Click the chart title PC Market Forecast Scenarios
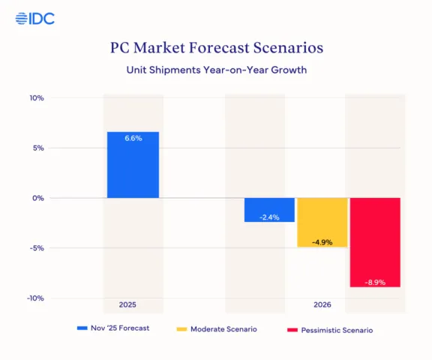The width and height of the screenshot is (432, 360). coord(216,47)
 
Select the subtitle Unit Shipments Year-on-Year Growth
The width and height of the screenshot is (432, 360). coord(216,70)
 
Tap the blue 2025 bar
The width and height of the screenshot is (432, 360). coord(133,165)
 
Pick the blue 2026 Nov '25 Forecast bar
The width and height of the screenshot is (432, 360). coord(269,209)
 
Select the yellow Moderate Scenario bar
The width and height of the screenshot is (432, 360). coord(322,222)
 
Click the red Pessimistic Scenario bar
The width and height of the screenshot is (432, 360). coord(375,241)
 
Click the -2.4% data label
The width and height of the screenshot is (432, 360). coord(269,217)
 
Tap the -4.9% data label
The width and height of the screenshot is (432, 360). coord(322,241)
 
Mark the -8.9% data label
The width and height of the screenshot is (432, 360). coord(375,282)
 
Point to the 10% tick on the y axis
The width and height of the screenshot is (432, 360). coord(37,98)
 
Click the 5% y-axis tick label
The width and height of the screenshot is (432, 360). coord(38,148)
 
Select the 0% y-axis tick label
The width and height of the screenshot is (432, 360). coord(38,198)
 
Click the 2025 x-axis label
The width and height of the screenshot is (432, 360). coord(128,305)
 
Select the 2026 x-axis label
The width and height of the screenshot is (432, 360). coord(322,305)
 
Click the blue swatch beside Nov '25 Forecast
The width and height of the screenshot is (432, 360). coord(82,328)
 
